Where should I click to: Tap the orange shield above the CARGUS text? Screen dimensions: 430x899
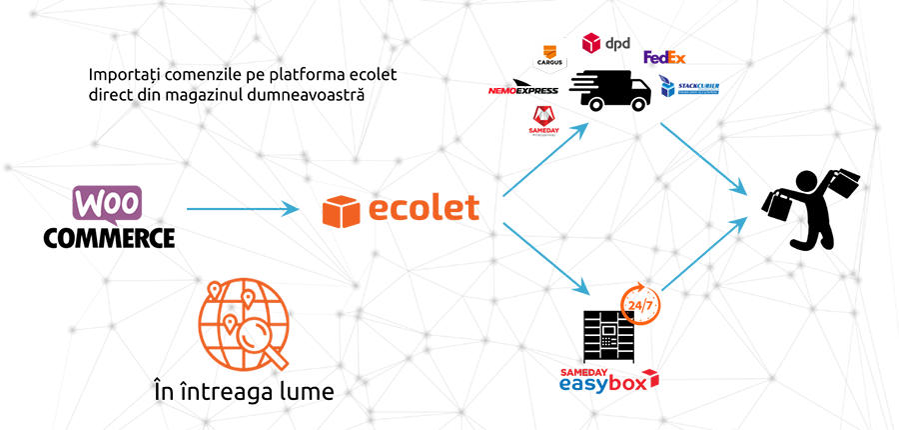click(x=548, y=50)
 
